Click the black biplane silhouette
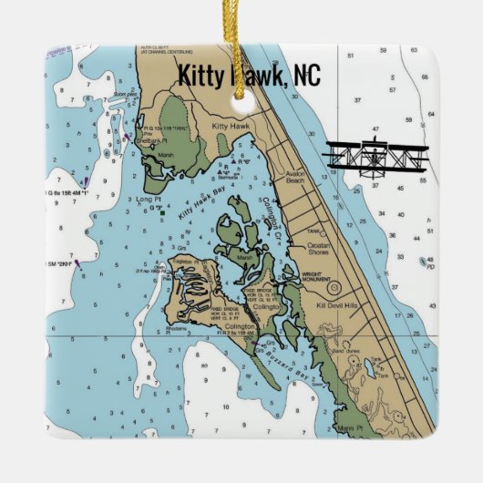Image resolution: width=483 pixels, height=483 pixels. point(375,158)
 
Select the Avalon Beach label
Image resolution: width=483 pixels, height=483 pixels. point(300,180)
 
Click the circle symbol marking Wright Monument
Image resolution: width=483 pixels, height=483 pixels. point(334,289)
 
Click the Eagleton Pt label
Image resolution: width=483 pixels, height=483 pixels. point(180,260)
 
